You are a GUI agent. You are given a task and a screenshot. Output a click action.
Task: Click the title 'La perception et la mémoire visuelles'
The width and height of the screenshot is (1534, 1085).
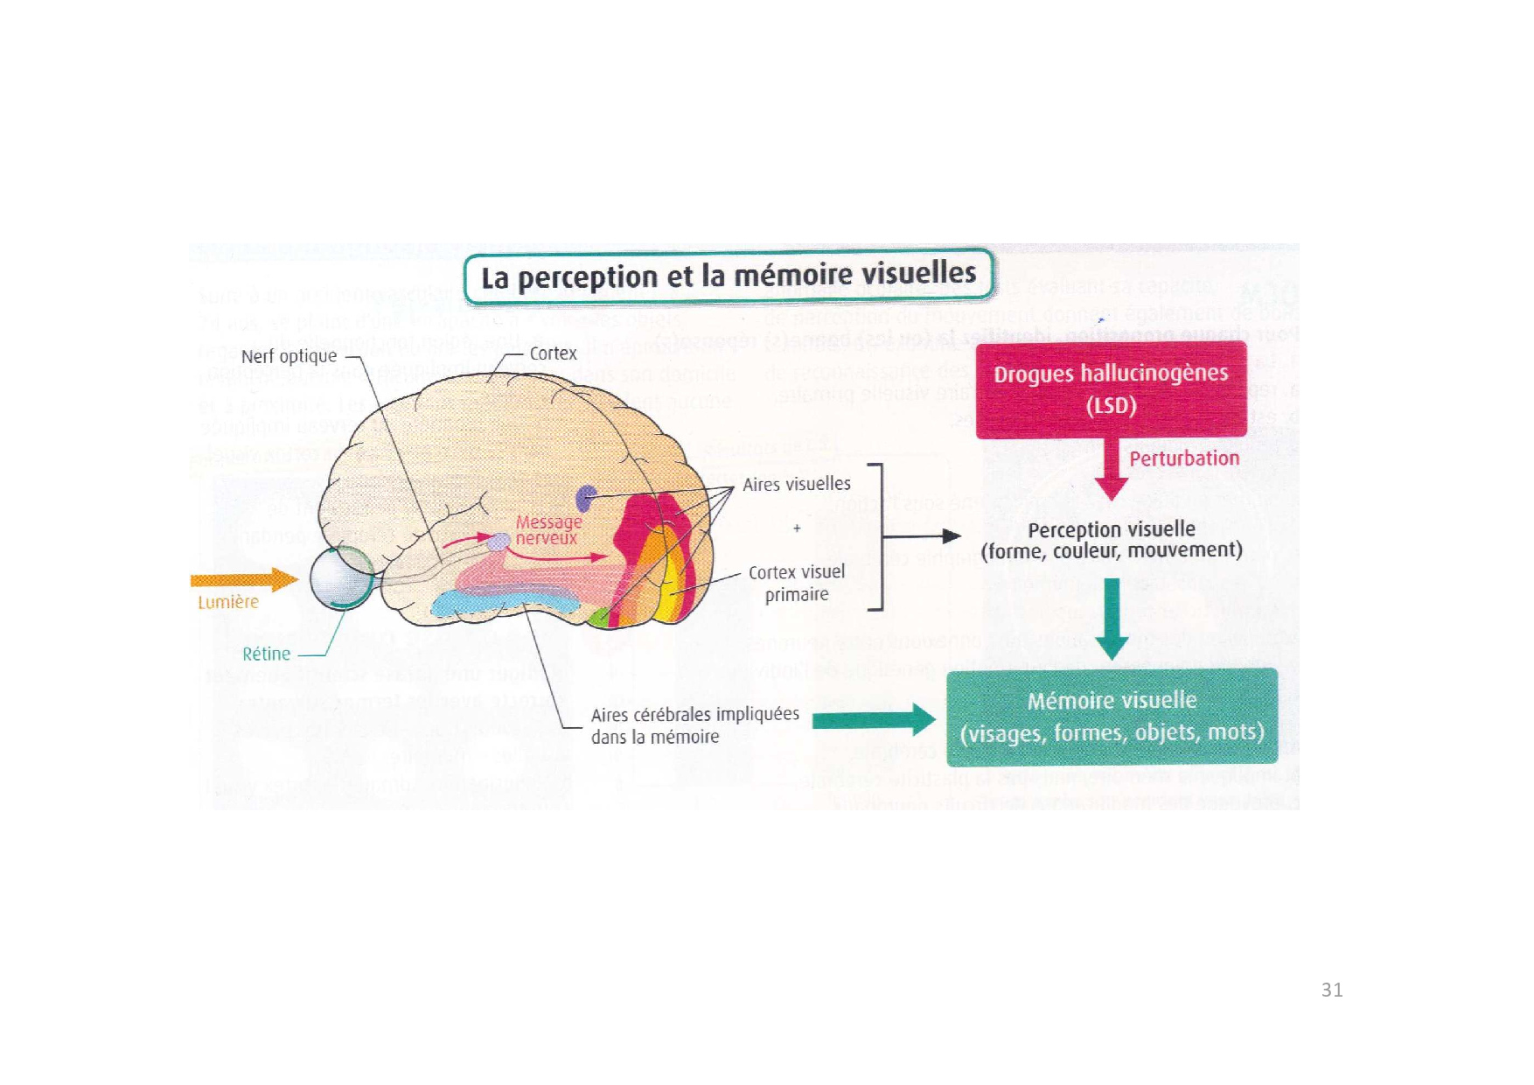(729, 276)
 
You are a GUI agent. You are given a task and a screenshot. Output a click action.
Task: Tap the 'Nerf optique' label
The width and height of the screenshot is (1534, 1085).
(289, 356)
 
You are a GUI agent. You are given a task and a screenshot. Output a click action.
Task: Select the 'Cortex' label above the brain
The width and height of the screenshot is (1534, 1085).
(553, 353)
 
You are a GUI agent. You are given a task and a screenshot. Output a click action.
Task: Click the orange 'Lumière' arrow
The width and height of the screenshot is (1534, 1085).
(244, 579)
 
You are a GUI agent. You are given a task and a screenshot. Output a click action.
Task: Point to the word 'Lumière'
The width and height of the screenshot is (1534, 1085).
(228, 602)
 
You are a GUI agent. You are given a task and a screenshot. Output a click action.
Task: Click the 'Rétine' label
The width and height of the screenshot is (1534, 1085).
(266, 654)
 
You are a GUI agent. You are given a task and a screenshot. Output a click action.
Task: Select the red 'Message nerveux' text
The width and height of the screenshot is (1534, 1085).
(547, 529)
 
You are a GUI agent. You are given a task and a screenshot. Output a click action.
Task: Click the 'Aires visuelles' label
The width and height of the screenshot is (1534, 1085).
(796, 484)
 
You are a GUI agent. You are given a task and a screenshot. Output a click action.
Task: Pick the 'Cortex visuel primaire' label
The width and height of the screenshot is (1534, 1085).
(796, 583)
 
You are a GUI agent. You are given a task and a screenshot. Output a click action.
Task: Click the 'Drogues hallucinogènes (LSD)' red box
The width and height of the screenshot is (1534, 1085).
(1111, 389)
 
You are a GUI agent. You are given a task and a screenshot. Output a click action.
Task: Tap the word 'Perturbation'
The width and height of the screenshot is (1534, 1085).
(1184, 458)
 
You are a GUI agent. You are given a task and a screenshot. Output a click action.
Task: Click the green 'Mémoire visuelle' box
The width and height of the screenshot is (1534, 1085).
(1112, 717)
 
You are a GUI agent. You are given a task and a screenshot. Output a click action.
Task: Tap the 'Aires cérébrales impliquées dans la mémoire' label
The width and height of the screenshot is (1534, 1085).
(694, 725)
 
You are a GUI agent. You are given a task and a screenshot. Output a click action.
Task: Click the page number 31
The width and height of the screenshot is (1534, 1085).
(1331, 990)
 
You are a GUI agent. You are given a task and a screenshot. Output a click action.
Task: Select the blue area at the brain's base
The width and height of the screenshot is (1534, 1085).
(503, 601)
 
